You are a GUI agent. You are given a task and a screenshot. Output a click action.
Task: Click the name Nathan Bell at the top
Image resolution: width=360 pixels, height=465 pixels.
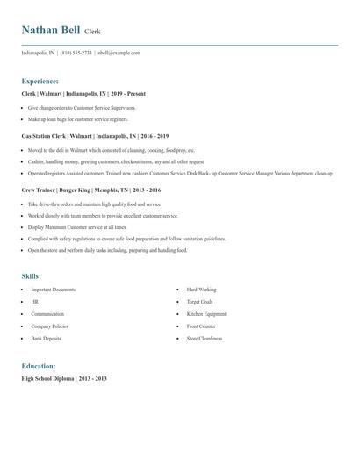coord(51,31)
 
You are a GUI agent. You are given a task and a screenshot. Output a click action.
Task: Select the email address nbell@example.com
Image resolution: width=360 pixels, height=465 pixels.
coord(119,53)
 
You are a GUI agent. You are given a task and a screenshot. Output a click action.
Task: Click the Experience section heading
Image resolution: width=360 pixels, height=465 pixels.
coord(40,81)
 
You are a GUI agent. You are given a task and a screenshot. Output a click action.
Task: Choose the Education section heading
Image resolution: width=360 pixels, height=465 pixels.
coord(40,365)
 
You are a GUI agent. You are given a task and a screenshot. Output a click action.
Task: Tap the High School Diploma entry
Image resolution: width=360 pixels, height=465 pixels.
coord(63,378)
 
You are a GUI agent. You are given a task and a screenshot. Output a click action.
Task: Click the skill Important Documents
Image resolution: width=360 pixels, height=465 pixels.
coord(53,290)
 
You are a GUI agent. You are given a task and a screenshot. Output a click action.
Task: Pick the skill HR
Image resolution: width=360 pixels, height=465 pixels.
coord(34,301)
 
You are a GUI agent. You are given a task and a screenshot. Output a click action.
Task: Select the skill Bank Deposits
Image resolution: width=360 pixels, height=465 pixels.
coord(47,338)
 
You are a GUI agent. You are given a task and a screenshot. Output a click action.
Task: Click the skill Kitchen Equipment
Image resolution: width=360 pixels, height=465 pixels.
coord(206,313)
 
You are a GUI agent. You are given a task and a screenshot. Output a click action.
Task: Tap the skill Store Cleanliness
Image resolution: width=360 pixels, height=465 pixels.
coord(205,338)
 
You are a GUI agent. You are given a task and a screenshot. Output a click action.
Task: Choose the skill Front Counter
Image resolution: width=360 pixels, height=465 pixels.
coord(201,325)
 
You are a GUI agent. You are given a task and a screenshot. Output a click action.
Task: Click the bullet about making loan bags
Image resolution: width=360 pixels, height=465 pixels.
coord(77,118)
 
